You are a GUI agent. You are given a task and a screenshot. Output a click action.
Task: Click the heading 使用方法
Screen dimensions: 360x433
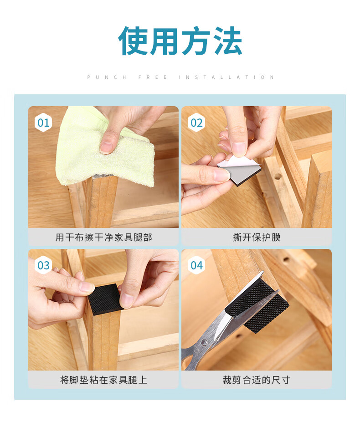180,41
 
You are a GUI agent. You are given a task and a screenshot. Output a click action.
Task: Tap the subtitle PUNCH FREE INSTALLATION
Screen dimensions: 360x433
180,77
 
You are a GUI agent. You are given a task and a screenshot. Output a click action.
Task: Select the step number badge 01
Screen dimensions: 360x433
43,123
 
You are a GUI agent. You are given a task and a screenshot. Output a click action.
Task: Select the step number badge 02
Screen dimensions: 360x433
196,123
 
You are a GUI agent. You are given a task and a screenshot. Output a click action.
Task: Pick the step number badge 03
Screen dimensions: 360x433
43,265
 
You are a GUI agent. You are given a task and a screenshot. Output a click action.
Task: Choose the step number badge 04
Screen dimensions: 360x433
196,265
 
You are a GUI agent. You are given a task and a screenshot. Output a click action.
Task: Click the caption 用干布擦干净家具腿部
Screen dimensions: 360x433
103,237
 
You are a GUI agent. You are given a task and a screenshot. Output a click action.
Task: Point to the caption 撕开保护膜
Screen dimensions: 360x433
257,237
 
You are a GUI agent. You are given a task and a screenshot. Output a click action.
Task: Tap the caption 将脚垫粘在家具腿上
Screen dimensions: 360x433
103,380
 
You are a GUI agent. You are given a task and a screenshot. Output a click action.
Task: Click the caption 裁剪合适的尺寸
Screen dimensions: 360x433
257,380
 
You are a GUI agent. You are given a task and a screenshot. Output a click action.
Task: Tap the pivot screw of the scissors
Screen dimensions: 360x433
204,343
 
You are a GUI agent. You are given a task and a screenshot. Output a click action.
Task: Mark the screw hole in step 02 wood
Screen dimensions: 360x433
278,176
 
